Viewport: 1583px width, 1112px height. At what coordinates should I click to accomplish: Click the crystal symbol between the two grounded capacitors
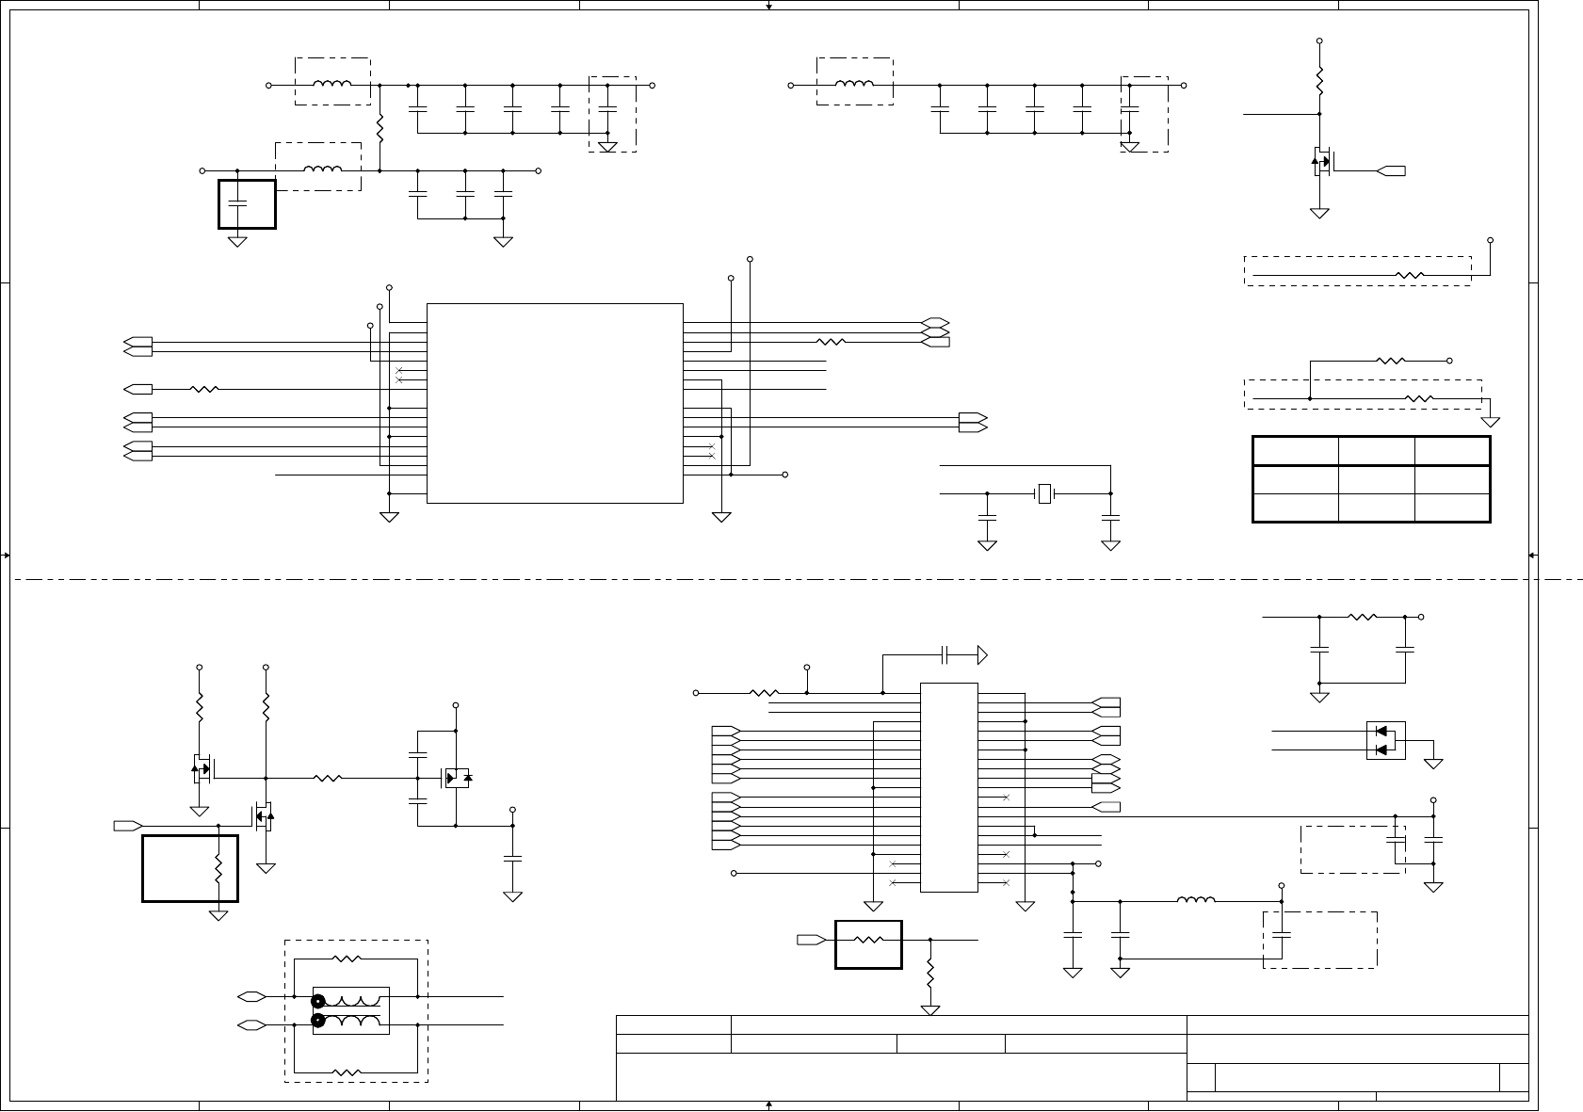click(x=1043, y=493)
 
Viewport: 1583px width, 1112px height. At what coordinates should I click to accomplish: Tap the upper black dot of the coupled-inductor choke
click(x=318, y=1002)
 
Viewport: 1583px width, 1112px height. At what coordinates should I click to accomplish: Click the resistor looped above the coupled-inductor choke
click(x=347, y=959)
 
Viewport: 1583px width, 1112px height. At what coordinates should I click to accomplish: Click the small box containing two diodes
click(x=1385, y=740)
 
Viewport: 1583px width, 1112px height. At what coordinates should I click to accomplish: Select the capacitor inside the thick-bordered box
click(x=237, y=202)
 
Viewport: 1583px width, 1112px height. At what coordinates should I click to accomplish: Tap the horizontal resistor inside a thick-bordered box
click(x=867, y=940)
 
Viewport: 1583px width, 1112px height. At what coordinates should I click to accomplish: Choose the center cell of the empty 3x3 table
click(x=1376, y=479)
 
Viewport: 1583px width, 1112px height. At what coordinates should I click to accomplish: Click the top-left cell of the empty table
click(x=1296, y=450)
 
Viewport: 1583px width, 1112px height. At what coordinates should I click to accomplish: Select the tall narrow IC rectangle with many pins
click(x=948, y=787)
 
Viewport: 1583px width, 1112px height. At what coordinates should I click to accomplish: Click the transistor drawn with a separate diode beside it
click(x=456, y=778)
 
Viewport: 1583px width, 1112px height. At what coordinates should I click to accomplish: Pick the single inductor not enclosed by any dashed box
click(x=1196, y=901)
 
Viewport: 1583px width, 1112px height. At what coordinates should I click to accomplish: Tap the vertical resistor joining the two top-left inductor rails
click(x=380, y=128)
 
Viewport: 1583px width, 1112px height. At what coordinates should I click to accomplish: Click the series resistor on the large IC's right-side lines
click(x=831, y=342)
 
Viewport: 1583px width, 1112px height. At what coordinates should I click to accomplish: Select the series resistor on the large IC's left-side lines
click(x=204, y=389)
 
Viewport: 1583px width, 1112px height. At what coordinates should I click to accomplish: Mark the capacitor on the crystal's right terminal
click(x=1111, y=517)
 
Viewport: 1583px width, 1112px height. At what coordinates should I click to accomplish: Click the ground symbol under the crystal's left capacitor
click(x=987, y=545)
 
